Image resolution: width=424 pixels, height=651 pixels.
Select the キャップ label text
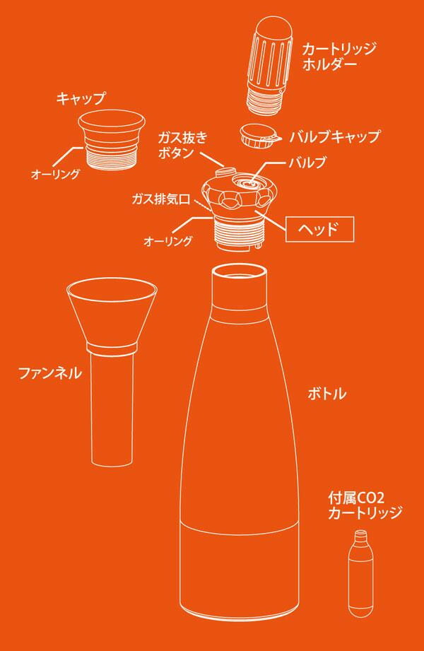pos(81,99)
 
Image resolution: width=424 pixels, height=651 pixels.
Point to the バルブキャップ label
pos(335,136)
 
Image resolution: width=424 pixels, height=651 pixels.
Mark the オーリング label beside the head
pos(168,241)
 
